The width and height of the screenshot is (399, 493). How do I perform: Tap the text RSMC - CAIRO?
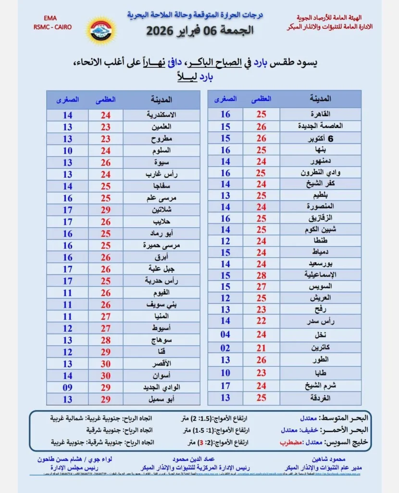52,27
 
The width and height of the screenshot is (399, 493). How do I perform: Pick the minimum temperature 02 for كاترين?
225,348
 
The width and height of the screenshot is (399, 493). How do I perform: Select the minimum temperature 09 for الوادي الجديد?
67,388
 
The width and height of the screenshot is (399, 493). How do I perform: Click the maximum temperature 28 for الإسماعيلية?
261,275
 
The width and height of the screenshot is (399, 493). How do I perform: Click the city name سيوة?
161,162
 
